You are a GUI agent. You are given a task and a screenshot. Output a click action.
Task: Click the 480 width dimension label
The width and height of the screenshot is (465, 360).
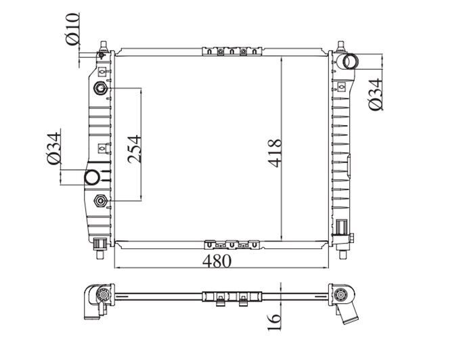click(217, 261)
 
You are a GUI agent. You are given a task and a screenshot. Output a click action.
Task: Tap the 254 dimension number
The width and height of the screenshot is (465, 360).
click(134, 150)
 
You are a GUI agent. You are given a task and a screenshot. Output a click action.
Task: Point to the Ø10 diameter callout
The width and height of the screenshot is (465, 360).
click(72, 29)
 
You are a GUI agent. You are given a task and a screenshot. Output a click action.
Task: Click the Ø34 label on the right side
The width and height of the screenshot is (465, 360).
click(376, 95)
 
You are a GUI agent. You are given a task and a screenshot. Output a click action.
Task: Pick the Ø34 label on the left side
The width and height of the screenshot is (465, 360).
click(54, 148)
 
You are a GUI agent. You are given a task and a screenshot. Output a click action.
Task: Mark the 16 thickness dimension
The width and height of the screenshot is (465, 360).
click(274, 322)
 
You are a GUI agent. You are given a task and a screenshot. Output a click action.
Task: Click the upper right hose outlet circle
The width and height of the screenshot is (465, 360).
click(350, 62)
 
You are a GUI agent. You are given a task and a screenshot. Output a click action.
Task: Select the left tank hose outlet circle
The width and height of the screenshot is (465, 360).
click(91, 177)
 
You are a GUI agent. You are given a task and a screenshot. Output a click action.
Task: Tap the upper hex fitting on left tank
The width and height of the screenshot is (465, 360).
click(101, 89)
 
